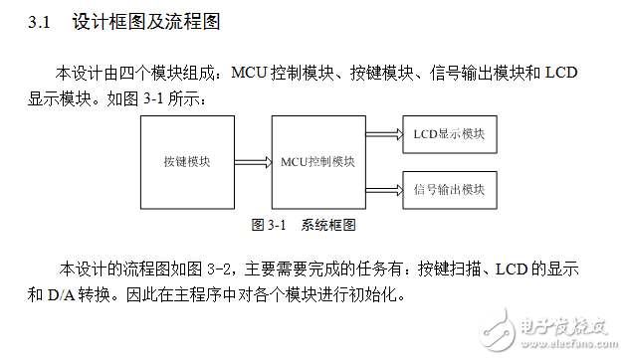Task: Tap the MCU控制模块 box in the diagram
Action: tap(318, 162)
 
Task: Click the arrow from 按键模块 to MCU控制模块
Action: tap(253, 162)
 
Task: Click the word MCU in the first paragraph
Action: tap(249, 74)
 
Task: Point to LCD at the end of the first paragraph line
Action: tap(562, 74)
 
